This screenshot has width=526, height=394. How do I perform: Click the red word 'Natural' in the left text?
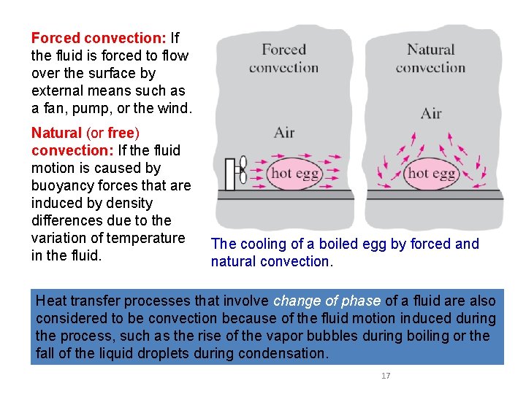[56, 133]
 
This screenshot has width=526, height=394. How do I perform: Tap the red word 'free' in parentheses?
[121, 133]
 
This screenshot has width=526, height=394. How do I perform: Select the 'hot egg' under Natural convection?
[431, 174]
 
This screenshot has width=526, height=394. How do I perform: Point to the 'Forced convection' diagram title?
[283, 58]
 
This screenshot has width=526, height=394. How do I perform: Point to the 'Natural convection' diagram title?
[430, 58]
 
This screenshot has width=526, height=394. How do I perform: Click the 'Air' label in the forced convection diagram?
[283, 132]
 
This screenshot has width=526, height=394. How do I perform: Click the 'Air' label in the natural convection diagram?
[431, 113]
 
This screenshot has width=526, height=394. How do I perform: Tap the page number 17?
[386, 376]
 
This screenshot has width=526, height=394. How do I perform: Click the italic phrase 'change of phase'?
[327, 301]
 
